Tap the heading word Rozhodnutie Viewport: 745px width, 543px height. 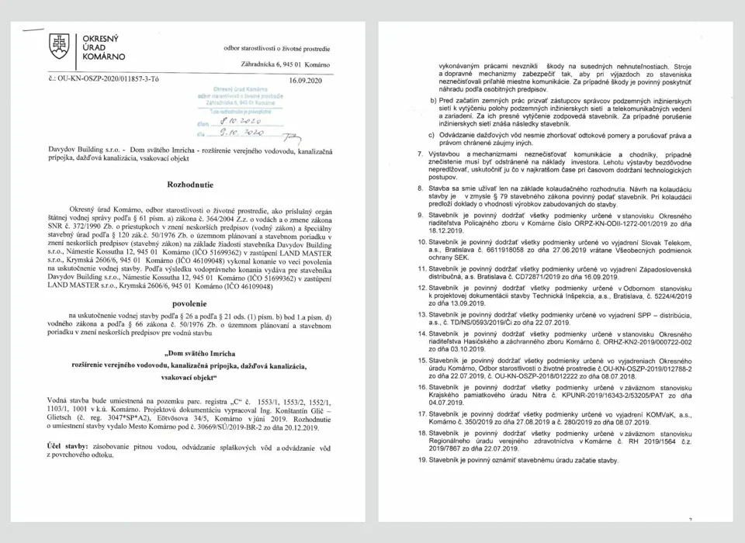(x=190, y=185)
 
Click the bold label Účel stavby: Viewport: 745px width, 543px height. (x=69, y=448)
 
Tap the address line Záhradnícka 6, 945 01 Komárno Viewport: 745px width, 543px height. (x=285, y=64)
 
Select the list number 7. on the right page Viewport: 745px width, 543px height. (x=420, y=155)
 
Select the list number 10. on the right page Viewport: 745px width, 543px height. (x=422, y=243)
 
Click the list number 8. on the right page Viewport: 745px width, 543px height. (x=420, y=188)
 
